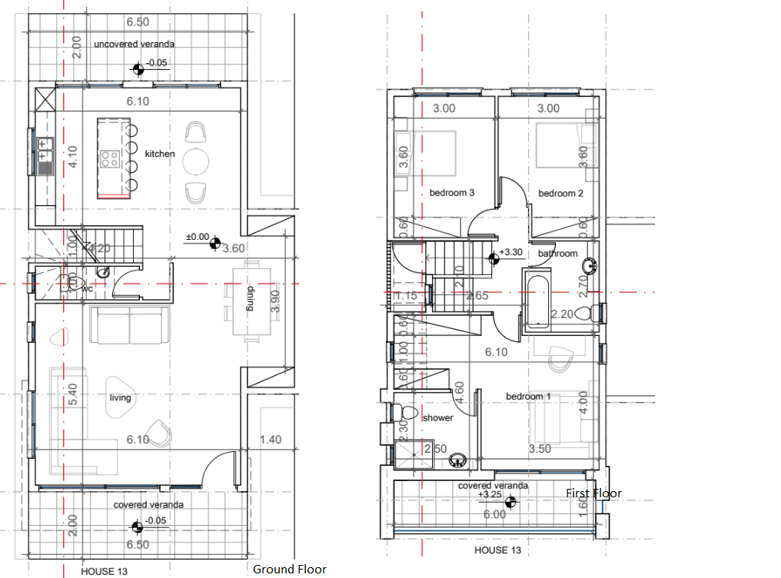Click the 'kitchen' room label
[160, 154]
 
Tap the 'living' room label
[120, 397]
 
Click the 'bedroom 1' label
[528, 396]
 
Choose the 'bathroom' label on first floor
[557, 253]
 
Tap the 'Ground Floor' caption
[289, 570]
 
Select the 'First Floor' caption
[593, 493]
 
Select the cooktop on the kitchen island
[109, 159]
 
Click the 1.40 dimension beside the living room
[271, 440]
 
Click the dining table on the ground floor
[250, 299]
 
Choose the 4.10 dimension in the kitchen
[74, 158]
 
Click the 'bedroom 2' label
[560, 193]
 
